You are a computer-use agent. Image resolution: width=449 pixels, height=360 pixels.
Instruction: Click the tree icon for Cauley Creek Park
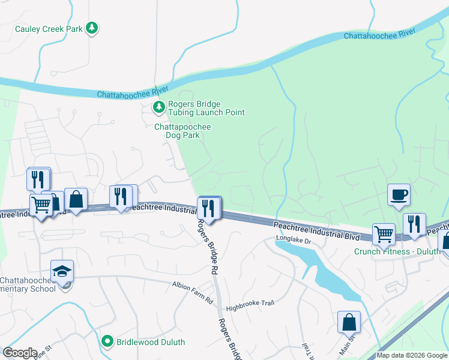click(92, 28)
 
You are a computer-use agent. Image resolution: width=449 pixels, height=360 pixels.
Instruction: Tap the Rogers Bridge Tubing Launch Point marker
click(158, 107)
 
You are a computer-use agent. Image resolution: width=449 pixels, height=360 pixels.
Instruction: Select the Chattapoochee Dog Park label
click(182, 131)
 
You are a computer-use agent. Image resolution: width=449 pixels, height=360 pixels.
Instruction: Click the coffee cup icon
click(399, 195)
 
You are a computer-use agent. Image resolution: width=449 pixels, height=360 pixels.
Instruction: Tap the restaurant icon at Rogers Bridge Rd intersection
click(209, 208)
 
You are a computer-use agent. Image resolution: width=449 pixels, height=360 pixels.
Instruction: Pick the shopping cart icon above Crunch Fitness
click(384, 234)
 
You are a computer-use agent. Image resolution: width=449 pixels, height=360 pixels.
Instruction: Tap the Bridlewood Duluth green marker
click(107, 341)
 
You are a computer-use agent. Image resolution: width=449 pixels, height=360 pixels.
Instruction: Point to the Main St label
click(348, 346)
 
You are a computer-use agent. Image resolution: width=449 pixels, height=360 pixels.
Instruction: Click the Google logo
click(20, 352)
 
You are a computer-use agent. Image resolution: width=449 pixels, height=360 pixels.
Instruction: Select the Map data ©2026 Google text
click(412, 355)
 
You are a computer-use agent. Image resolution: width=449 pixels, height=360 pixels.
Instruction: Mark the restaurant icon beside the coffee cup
click(414, 224)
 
